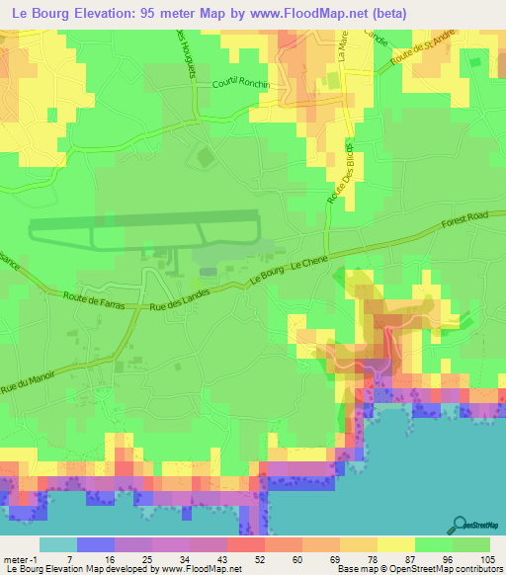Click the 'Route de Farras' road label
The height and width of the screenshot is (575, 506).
coord(95,297)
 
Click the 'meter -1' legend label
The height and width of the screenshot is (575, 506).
coord(19,560)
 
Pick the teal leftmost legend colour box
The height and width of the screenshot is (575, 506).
coord(58,544)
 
